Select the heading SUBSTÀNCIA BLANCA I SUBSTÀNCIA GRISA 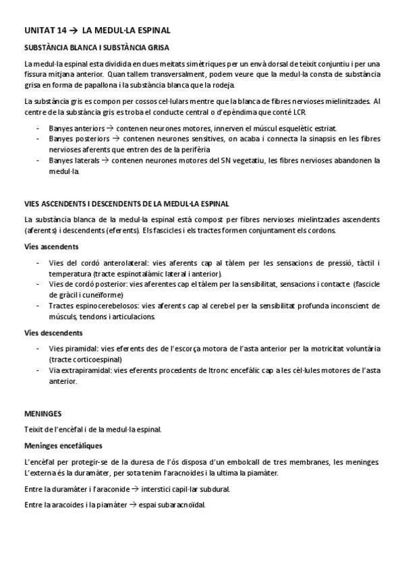[96, 49]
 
